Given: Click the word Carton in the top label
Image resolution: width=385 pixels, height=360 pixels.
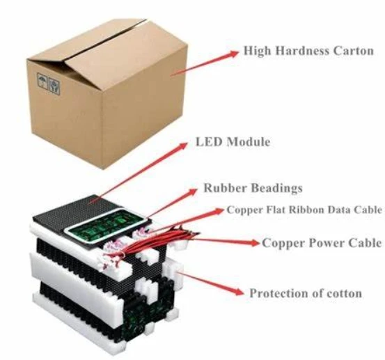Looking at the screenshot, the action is [354, 51].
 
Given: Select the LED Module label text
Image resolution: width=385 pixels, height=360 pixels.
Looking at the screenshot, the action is [233, 142].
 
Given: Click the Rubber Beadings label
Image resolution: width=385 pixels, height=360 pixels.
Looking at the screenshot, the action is [253, 188].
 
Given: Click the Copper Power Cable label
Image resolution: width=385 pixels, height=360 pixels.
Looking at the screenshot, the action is [322, 243].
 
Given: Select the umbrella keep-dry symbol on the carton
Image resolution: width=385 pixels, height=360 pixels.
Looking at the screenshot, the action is [42, 81].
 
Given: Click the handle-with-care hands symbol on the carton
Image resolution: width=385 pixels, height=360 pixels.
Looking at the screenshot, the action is [54, 85].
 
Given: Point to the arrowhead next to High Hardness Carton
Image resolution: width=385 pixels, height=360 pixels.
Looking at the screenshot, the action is [233, 54].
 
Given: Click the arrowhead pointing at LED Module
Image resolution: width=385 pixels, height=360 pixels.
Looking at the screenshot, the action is [182, 146].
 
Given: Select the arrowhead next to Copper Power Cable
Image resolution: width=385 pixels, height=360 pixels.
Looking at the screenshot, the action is [255, 243].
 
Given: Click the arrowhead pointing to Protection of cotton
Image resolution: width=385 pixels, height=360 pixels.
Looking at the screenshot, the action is [238, 292].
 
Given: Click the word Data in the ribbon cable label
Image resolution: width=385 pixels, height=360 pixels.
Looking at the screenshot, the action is [339, 210].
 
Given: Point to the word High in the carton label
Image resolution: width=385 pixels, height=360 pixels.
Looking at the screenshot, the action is [258, 51].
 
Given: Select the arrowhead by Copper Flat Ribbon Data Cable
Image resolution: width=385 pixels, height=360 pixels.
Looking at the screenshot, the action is [219, 211].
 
